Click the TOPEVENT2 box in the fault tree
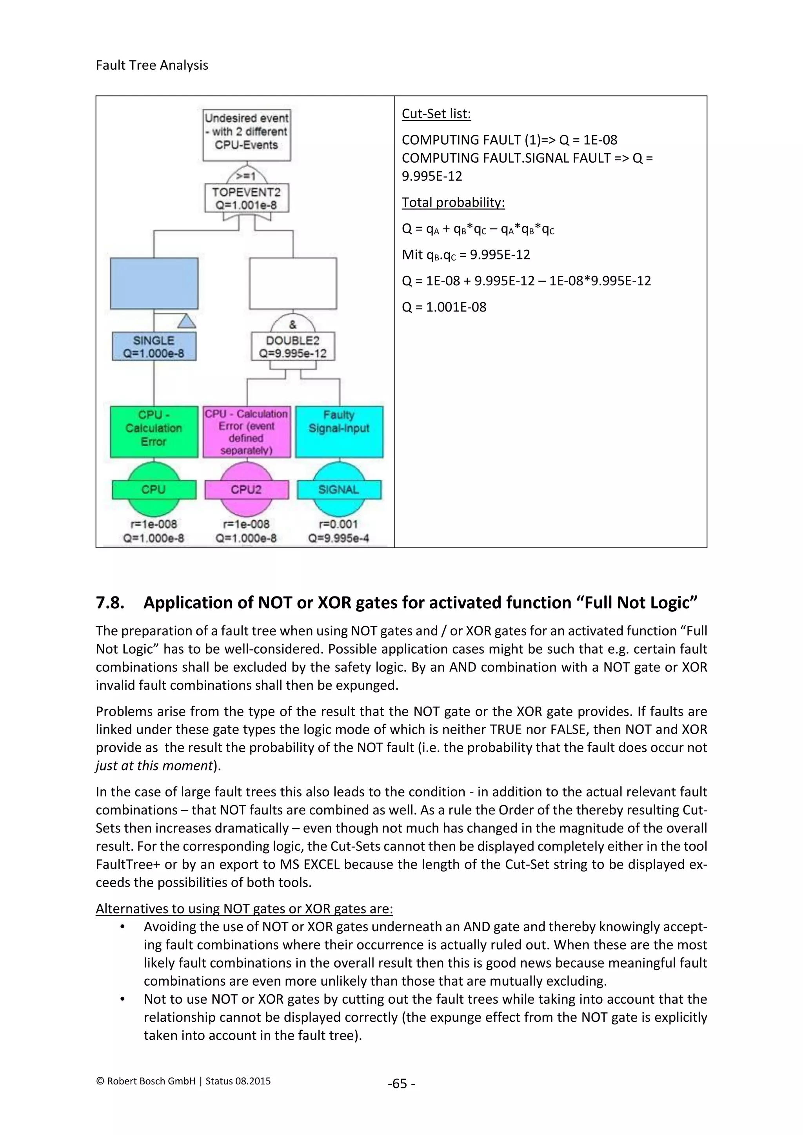click(246, 198)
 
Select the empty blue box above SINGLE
click(154, 284)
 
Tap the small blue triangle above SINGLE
click(186, 322)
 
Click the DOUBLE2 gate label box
click(293, 346)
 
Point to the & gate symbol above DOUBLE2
click(293, 324)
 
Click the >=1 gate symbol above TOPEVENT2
click(246, 176)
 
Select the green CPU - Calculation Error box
click(154, 432)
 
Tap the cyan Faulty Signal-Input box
click(339, 432)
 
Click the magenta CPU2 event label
click(246, 490)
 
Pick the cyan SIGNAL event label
click(339, 490)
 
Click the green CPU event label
click(154, 490)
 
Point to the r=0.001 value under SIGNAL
click(339, 524)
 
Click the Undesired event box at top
click(246, 135)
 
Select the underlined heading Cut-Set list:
click(436, 114)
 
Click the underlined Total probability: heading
click(453, 202)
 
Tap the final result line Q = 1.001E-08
click(443, 307)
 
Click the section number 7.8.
click(110, 603)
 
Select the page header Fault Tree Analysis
click(152, 65)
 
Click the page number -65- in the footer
click(401, 1084)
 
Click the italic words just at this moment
click(154, 766)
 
